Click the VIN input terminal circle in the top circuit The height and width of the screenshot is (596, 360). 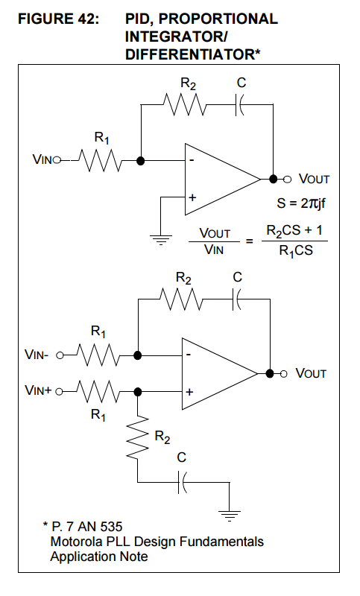coord(57,161)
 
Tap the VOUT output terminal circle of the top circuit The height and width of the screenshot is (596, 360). coord(288,179)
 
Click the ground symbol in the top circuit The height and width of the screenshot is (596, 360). coord(160,240)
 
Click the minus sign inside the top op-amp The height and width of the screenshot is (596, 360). coord(192,160)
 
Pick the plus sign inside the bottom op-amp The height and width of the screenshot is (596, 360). coord(189,392)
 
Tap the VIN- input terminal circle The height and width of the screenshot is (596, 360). coord(60,355)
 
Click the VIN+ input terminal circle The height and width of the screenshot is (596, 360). coord(59,391)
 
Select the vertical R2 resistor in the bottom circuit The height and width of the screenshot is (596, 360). coord(138,437)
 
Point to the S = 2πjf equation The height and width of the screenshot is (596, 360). coord(300,203)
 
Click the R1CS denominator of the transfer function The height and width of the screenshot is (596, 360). coord(296,251)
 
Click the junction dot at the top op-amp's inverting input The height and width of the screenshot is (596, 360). coord(141,161)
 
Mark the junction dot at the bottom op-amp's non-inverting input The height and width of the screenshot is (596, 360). coord(138,391)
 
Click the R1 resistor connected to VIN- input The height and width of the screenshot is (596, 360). coord(98,355)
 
